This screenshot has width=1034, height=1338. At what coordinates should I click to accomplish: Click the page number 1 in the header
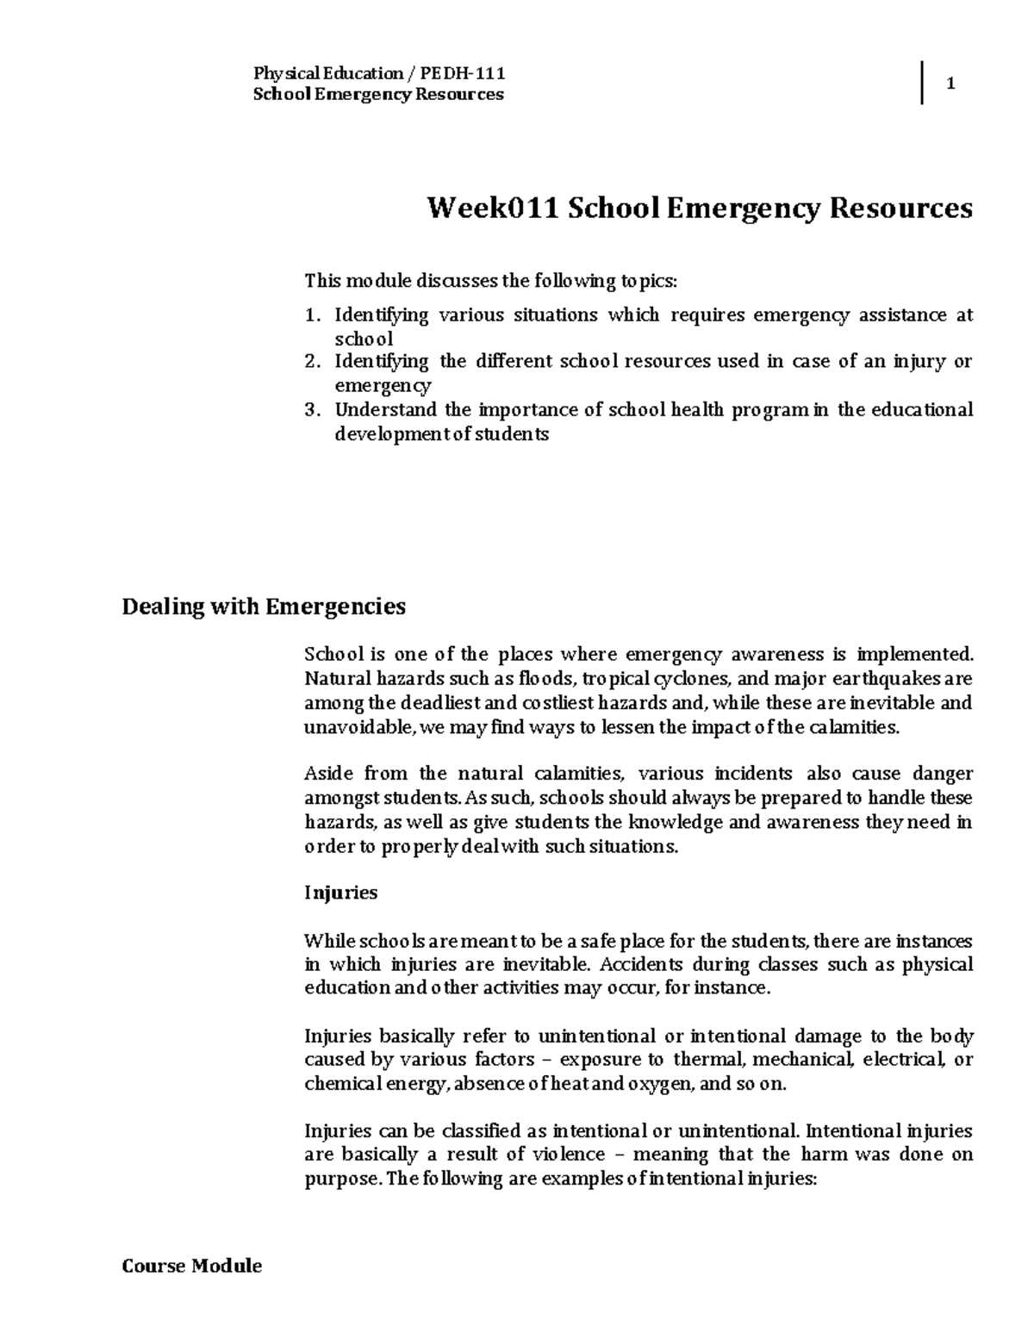[951, 84]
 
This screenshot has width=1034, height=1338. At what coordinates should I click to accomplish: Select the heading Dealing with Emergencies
[264, 607]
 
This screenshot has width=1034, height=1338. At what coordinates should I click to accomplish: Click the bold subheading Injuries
[341, 893]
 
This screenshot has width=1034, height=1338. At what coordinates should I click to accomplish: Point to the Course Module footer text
[192, 1266]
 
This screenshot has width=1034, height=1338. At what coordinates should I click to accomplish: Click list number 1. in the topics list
[314, 315]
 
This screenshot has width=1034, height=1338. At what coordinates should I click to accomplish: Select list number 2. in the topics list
[314, 362]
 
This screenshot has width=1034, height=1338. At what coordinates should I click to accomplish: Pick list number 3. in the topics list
[314, 410]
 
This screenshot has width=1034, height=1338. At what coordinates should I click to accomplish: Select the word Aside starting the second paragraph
[329, 774]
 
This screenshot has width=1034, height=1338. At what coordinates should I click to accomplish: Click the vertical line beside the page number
[923, 84]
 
